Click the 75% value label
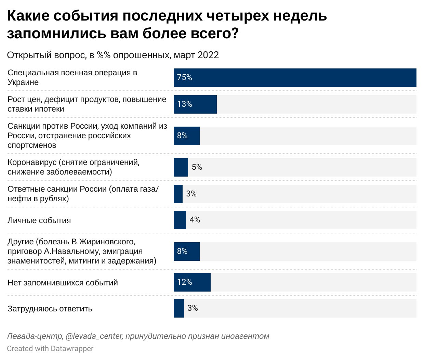[184, 78]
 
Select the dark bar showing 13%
[195, 104]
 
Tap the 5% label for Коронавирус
[197, 167]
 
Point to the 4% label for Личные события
[195, 220]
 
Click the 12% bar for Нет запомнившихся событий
[192, 282]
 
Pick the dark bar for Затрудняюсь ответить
[178, 308]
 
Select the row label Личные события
[39, 220]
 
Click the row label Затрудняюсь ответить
[50, 309]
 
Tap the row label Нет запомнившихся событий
[63, 283]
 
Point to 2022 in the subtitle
[208, 55]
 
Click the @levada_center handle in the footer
[94, 336]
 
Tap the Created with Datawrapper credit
[50, 349]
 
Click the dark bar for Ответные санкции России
[178, 194]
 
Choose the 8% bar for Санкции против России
[186, 136]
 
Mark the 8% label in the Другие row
[182, 252]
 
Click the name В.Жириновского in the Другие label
[103, 242]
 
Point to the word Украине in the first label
[23, 82]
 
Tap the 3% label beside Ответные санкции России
[191, 194]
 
